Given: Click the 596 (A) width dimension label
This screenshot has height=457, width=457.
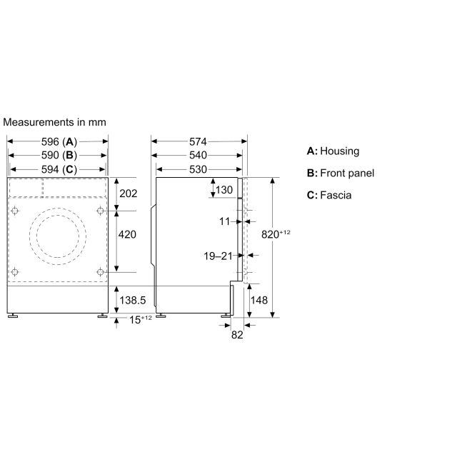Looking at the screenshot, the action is pos(59,142).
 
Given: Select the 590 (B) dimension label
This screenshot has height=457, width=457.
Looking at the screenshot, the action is pos(59,156).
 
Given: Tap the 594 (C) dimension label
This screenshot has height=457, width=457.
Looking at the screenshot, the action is pos(59,169).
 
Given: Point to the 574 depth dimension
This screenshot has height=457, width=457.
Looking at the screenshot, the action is pos(198,142).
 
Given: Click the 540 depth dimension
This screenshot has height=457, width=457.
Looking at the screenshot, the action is pos(198,156).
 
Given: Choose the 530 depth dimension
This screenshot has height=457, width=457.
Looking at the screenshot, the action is pos(198,169).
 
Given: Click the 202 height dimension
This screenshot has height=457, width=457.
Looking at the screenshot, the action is pos(129,194).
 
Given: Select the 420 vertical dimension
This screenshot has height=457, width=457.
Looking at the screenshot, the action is pos(127,235).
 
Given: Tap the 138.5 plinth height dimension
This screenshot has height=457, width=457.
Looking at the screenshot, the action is pos(133,300).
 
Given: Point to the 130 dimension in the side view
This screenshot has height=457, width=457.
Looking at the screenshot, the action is pos(224,190).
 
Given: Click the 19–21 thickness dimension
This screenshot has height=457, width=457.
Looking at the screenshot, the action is pos(219,256).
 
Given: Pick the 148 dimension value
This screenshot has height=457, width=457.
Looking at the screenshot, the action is pos(259,300).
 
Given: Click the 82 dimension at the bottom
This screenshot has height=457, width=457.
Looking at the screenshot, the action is pos(237,335).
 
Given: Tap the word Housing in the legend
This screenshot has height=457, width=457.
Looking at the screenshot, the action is pos(340,151).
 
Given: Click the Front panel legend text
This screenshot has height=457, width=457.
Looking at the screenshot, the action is pos(347,173).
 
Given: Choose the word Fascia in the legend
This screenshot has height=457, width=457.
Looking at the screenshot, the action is pos(336,195).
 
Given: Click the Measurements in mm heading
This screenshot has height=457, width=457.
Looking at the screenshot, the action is pos(54,122).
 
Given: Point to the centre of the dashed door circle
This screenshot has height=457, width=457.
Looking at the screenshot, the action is pos(58,236).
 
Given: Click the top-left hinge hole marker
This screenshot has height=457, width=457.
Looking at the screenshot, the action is pos(15,211).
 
